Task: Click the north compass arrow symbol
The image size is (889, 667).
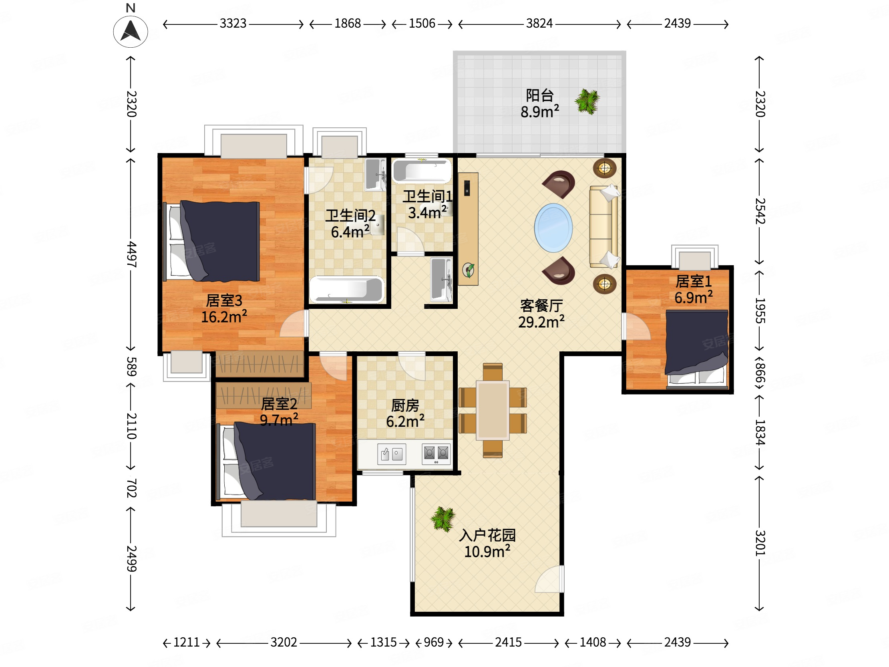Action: pyautogui.click(x=131, y=31)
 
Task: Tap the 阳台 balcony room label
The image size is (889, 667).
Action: pyautogui.click(x=540, y=95)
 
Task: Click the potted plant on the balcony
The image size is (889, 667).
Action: pyautogui.click(x=587, y=101)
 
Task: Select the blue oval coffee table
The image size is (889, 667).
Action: pyautogui.click(x=553, y=228)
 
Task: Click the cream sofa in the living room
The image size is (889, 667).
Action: pyautogui.click(x=603, y=226)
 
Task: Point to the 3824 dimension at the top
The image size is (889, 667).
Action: pyautogui.click(x=539, y=23)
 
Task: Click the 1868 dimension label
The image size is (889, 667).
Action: pyautogui.click(x=348, y=23)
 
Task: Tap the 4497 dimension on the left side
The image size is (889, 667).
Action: pyautogui.click(x=131, y=254)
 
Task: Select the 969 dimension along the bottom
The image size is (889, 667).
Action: pyautogui.click(x=434, y=642)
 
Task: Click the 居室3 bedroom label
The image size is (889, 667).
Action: pyautogui.click(x=224, y=300)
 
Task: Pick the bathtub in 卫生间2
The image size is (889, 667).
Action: pyautogui.click(x=346, y=289)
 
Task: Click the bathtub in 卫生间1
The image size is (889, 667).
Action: pyautogui.click(x=422, y=171)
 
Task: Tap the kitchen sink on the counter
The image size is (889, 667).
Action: pyautogui.click(x=392, y=454)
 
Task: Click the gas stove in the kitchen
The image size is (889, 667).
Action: pyautogui.click(x=436, y=454)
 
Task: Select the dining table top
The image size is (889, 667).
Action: pyautogui.click(x=493, y=411)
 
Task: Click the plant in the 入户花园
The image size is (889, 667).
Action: pyautogui.click(x=443, y=519)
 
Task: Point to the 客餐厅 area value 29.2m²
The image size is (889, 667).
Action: pyautogui.click(x=541, y=322)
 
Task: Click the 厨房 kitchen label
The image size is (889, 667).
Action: pyautogui.click(x=405, y=405)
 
